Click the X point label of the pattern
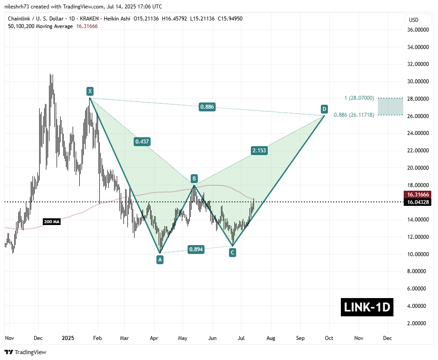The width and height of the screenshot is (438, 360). pyautogui.click(x=90, y=92)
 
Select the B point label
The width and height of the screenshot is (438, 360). pyautogui.click(x=194, y=179)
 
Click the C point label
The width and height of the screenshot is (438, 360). pyautogui.click(x=232, y=253)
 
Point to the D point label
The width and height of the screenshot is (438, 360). pyautogui.click(x=324, y=109)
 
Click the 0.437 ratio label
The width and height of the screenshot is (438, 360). pyautogui.click(x=142, y=142)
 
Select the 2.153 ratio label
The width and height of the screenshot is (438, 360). pyautogui.click(x=259, y=151)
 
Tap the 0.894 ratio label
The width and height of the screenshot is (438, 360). pyautogui.click(x=196, y=250)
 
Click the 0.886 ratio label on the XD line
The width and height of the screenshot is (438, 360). pyautogui.click(x=207, y=107)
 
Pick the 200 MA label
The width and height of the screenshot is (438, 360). pyautogui.click(x=51, y=221)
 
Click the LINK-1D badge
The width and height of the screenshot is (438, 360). pyautogui.click(x=367, y=307)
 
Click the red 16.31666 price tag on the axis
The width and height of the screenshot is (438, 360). pyautogui.click(x=418, y=195)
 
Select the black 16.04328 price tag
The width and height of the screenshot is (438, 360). pyautogui.click(x=418, y=202)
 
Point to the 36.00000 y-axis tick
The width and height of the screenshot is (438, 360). pyautogui.click(x=418, y=30)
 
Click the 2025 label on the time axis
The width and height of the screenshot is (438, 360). pyautogui.click(x=67, y=338)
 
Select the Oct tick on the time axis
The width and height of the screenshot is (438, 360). pyautogui.click(x=328, y=338)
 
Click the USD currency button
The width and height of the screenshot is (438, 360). pyautogui.click(x=414, y=20)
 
